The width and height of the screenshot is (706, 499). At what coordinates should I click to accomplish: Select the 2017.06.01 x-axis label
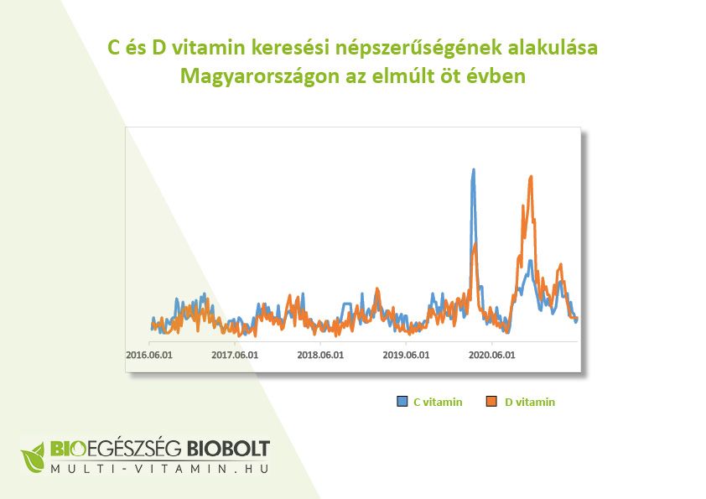235,355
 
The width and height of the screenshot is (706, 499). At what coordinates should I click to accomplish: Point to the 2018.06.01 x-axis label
320,355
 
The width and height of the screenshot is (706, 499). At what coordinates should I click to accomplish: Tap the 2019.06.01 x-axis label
406,355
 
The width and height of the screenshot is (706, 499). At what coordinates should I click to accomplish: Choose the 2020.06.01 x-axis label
491,355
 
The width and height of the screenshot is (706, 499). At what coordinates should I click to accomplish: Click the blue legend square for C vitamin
402,403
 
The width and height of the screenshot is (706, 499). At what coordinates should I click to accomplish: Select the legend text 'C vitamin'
438,403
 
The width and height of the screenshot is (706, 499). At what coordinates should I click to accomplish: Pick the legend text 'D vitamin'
530,403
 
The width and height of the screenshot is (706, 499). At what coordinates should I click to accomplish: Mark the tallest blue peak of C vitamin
473,170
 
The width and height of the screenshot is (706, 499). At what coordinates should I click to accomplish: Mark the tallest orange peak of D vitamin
530,177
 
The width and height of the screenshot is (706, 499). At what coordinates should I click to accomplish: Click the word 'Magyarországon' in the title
245,76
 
